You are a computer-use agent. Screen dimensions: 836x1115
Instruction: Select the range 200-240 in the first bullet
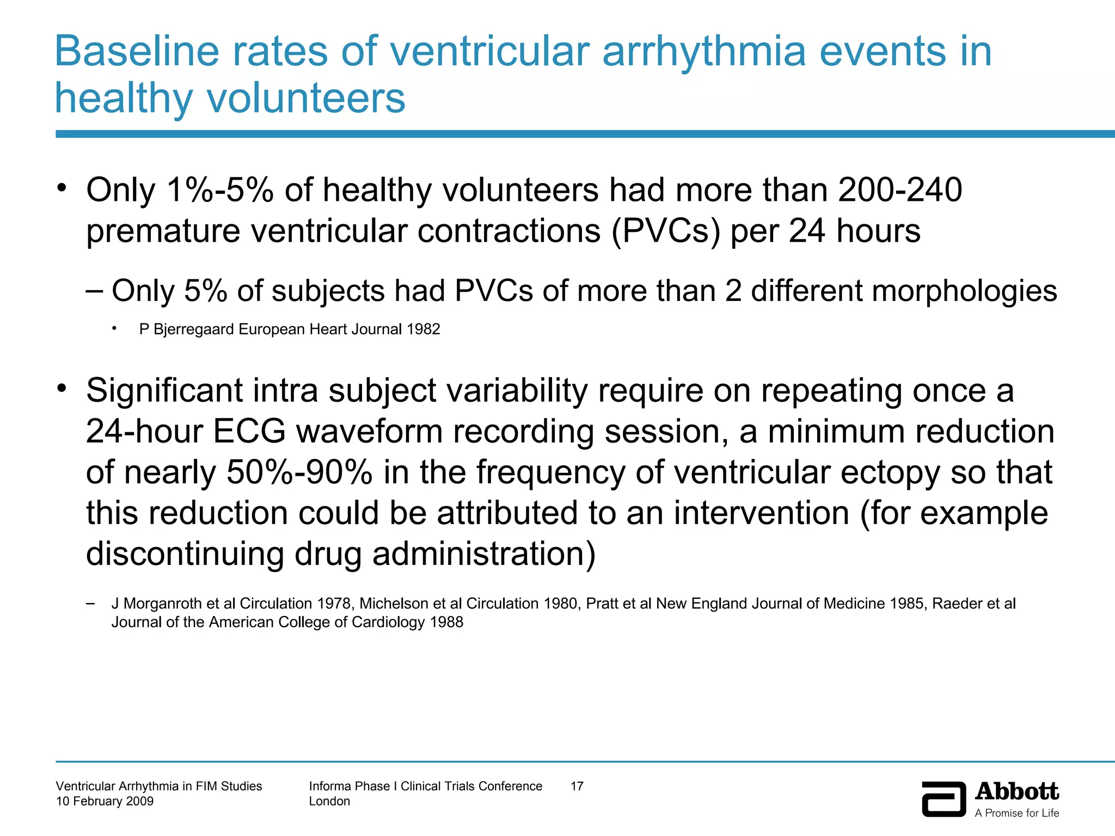900,190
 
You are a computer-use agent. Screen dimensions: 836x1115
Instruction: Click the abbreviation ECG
249,432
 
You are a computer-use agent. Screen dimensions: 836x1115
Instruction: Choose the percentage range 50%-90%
299,472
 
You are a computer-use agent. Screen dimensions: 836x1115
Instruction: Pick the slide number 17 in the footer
577,786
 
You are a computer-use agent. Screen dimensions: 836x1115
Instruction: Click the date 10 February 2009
105,801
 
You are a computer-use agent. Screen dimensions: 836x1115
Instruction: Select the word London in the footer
329,801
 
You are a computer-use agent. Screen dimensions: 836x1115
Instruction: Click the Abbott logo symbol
944,799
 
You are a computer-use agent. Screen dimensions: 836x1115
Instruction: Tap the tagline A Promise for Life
1016,813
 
